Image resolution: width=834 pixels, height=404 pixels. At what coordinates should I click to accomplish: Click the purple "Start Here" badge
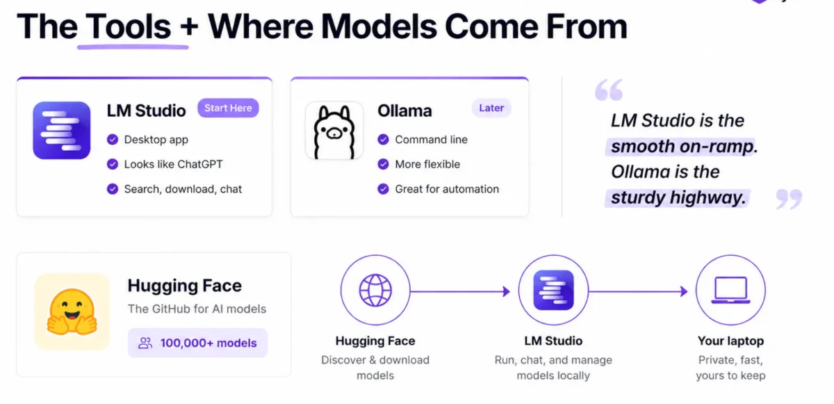click(228, 108)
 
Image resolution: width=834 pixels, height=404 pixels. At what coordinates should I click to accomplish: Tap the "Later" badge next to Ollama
click(491, 108)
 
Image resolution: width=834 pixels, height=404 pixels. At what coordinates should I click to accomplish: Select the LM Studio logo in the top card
click(62, 130)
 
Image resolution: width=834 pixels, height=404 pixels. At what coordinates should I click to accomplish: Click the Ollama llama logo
click(334, 130)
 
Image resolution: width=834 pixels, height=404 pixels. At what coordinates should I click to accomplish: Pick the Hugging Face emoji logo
click(72, 312)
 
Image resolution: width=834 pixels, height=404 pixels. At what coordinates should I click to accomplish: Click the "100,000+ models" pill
click(197, 343)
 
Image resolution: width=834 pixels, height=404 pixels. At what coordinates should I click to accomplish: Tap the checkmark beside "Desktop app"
click(113, 140)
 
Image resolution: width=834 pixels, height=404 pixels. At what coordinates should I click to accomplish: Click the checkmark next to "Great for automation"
click(383, 189)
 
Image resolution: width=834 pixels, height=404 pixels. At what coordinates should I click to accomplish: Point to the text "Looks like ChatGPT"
click(173, 165)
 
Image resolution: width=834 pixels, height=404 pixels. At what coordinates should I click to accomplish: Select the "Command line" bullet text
click(431, 140)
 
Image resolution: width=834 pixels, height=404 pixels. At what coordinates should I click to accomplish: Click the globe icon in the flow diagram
click(375, 291)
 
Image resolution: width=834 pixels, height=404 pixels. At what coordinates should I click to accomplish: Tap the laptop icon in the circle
click(730, 291)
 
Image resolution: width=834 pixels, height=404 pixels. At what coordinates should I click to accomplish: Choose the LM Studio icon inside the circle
click(553, 291)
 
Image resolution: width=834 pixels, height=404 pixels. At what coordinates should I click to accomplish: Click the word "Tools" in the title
click(129, 28)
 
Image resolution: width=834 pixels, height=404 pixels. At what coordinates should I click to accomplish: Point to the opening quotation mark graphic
click(609, 90)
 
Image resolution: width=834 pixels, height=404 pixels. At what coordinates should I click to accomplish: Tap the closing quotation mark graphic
click(788, 199)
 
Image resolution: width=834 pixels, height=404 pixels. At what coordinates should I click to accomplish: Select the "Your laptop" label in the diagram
click(730, 341)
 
